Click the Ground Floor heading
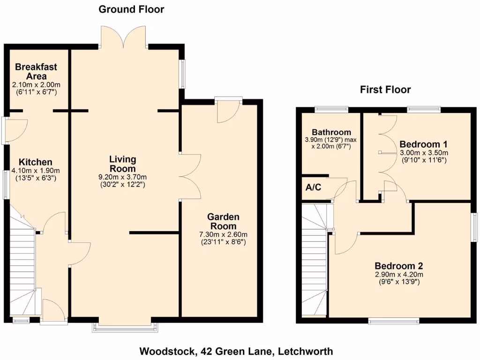(x=131, y=9)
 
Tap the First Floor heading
(x=385, y=90)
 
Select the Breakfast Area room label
(x=36, y=71)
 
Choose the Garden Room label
(x=223, y=221)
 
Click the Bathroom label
(x=331, y=132)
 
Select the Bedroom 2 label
(x=399, y=266)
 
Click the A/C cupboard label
(x=313, y=188)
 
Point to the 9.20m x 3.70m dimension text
(x=122, y=177)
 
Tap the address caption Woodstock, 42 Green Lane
(x=236, y=351)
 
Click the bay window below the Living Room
(x=125, y=327)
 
